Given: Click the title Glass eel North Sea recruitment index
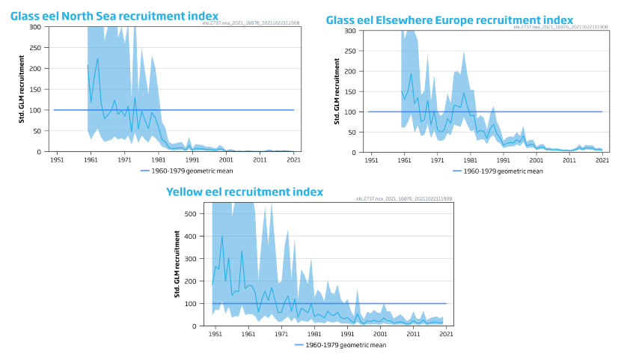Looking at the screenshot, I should coord(114,16).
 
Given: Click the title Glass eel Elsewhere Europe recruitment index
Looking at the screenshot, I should coord(450,19).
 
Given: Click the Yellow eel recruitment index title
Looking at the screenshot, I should coord(245,192).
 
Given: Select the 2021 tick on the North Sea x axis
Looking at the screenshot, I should coord(293,159).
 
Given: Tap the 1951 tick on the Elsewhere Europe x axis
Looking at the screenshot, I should coord(370,160).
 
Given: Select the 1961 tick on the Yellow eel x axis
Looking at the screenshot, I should coord(248,334).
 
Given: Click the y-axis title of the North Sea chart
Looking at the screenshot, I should coord(22,89).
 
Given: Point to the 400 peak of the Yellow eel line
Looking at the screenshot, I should coord(221,237).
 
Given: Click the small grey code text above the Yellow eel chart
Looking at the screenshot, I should coord(403,199).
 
